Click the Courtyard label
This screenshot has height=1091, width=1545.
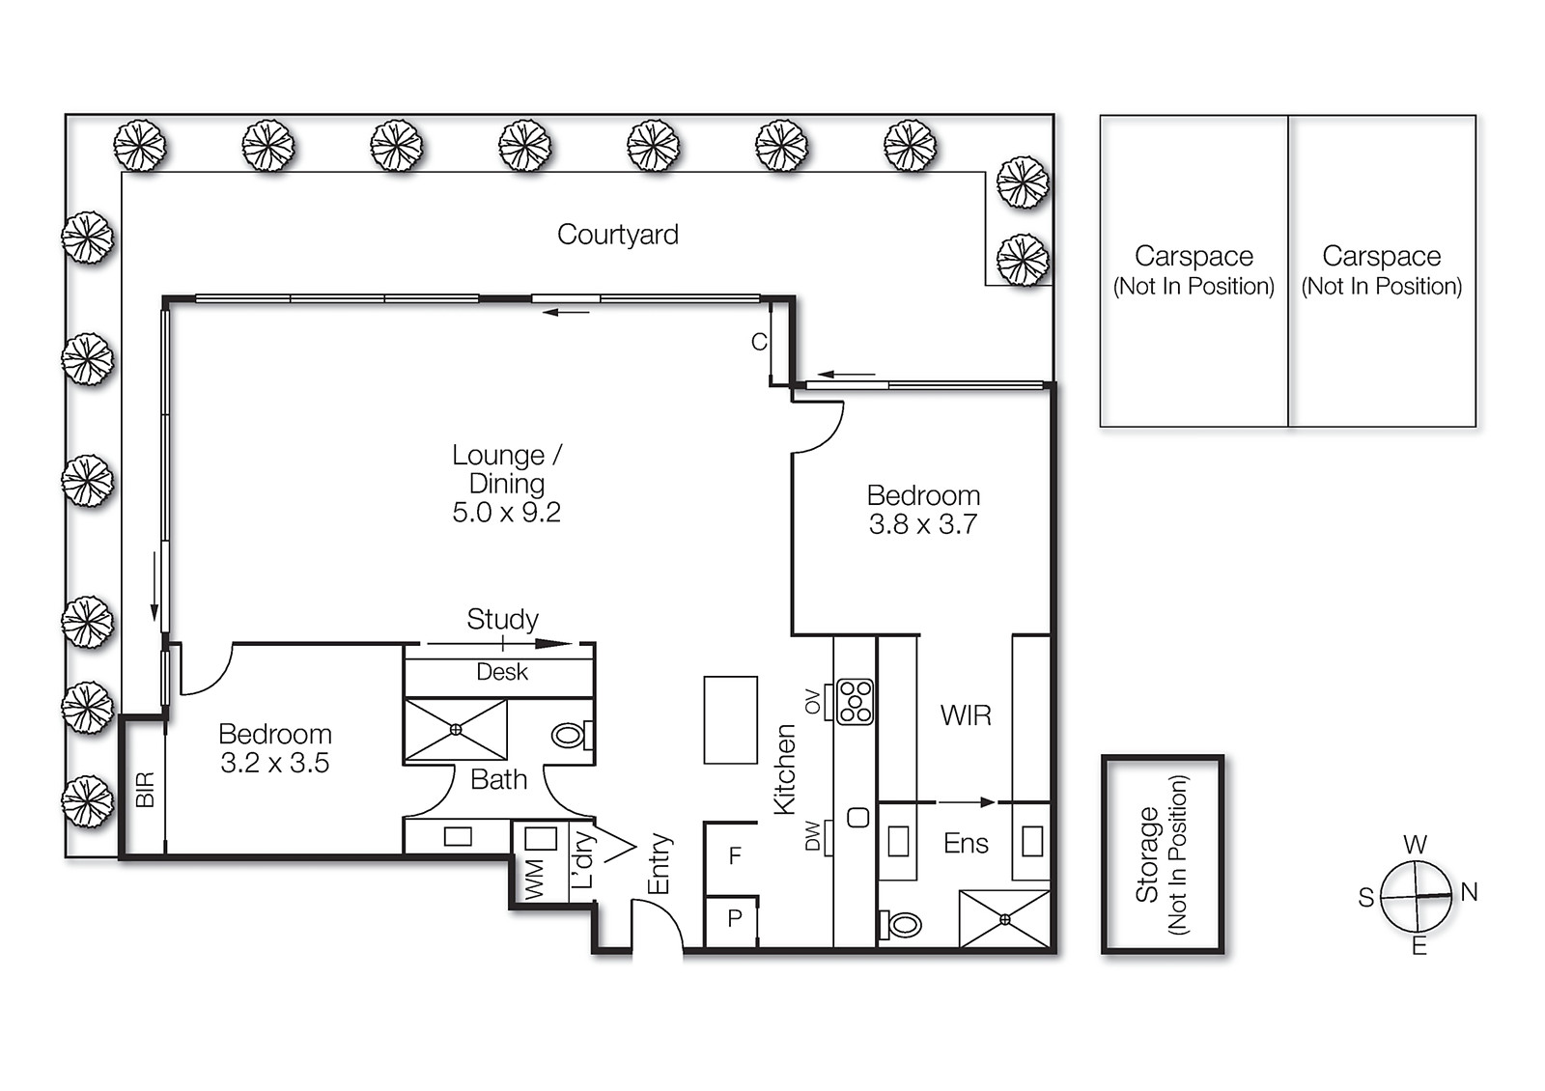tap(618, 235)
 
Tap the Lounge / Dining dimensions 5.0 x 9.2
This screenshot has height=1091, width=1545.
tap(506, 513)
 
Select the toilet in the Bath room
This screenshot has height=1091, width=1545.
tap(571, 736)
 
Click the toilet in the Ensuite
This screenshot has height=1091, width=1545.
tap(902, 925)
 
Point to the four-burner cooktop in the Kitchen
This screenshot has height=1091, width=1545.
tap(855, 702)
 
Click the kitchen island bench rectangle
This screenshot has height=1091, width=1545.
tap(730, 720)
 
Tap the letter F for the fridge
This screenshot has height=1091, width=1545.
tap(735, 855)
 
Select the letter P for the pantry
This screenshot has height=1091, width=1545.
tap(735, 918)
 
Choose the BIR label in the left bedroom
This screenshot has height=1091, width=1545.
tap(145, 790)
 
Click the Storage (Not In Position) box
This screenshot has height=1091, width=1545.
tap(1163, 853)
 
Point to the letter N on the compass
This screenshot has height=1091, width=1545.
tap(1469, 892)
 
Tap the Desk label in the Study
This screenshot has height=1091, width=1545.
tap(502, 672)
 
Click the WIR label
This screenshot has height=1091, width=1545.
tap(966, 715)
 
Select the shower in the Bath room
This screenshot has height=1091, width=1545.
tap(456, 730)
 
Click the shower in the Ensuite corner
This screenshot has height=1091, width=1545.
tap(1004, 919)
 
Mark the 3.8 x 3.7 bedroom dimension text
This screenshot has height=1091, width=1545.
tap(922, 524)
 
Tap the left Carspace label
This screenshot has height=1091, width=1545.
tap(1194, 257)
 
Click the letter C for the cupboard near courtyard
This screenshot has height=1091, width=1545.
tap(759, 342)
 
